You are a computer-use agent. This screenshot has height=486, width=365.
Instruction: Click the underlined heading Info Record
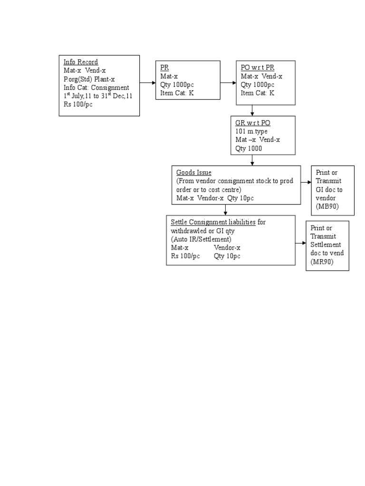(x=81, y=62)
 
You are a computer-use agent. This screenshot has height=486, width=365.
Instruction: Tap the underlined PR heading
(x=164, y=67)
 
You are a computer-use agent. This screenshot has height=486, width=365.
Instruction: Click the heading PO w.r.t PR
(x=258, y=67)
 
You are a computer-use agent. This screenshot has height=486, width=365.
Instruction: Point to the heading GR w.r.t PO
(x=253, y=123)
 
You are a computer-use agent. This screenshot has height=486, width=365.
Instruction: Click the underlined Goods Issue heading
(x=194, y=173)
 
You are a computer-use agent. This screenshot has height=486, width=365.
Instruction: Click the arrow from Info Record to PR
(x=147, y=83)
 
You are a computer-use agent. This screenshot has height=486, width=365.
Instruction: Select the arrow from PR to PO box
(x=229, y=83)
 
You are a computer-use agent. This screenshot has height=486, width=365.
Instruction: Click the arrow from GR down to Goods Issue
(x=252, y=160)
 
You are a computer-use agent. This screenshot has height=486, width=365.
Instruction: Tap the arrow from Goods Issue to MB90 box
(x=306, y=182)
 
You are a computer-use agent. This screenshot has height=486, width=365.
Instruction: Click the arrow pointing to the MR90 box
(x=301, y=243)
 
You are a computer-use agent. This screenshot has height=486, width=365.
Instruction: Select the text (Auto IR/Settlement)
(x=201, y=239)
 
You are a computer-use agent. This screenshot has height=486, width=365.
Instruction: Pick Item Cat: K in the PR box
(x=177, y=93)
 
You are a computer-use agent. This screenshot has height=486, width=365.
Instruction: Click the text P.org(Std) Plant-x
(x=89, y=79)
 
